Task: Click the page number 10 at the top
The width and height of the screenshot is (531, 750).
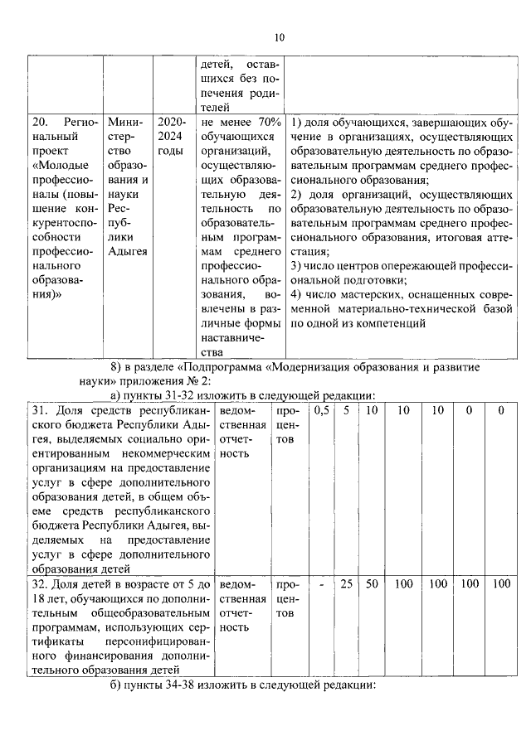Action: tap(279, 37)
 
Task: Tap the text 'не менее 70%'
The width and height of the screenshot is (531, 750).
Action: tap(241, 123)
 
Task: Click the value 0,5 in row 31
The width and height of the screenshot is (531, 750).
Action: tap(321, 410)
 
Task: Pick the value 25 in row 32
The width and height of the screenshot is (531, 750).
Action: tap(346, 584)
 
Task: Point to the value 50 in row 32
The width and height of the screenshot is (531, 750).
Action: tap(372, 584)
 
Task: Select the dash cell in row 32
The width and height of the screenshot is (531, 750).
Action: tap(321, 584)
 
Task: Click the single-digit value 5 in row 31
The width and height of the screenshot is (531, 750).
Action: tap(346, 410)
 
